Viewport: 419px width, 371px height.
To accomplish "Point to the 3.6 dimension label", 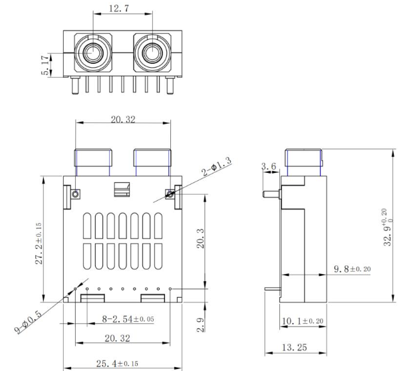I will coord(269,166).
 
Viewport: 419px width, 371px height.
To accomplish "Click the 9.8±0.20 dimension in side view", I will coord(352,269).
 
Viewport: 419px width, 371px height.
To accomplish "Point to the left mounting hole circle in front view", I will coord(76,194).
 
